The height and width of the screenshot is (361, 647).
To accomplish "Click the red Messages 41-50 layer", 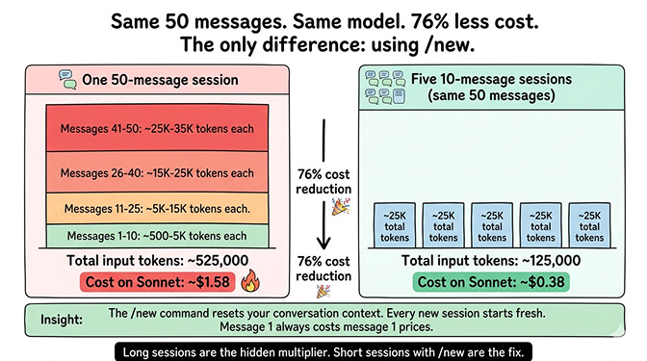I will coord(158,129).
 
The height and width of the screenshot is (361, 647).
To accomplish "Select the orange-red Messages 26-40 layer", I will coord(158,172).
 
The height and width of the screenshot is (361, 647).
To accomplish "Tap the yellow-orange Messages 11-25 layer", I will coord(158,208).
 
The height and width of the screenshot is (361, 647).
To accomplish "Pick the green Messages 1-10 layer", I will coord(158,236).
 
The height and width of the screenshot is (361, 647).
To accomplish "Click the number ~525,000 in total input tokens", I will coord(220,260).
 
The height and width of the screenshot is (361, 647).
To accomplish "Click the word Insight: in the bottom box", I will coord(62,319).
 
